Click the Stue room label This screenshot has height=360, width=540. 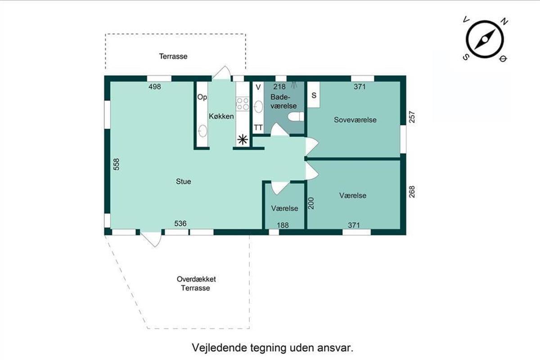[184, 181]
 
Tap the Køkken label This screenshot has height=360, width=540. [221, 116]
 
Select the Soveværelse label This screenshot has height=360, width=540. [355, 120]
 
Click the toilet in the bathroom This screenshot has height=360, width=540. [296, 117]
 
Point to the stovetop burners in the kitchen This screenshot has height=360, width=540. [243, 103]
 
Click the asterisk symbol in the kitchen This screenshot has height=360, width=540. [243, 140]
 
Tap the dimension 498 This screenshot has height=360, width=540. [154, 86]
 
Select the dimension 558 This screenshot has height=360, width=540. [117, 164]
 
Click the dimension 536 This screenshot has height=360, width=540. [180, 224]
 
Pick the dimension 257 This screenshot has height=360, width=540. [412, 117]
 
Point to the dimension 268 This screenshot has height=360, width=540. [412, 192]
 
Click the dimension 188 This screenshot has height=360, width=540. [283, 225]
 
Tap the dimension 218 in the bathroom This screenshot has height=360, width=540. [279, 86]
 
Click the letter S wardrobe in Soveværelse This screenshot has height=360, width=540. [314, 95]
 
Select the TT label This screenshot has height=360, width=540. [258, 127]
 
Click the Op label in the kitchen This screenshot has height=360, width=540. [202, 97]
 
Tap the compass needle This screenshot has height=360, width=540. [485, 39]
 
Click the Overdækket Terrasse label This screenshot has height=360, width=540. [196, 283]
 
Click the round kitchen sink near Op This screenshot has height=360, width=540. [202, 131]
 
